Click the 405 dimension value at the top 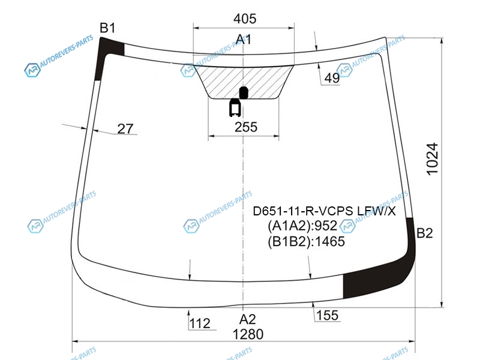click(245, 19)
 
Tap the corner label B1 click(107, 28)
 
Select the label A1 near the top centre click(244, 39)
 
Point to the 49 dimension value click(332, 78)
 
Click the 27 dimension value click(125, 129)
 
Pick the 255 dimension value click(246, 127)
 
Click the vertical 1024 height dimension click(432, 159)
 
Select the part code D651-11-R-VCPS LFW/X click(324, 211)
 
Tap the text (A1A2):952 click(302, 226)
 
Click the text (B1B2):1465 click(306, 242)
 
